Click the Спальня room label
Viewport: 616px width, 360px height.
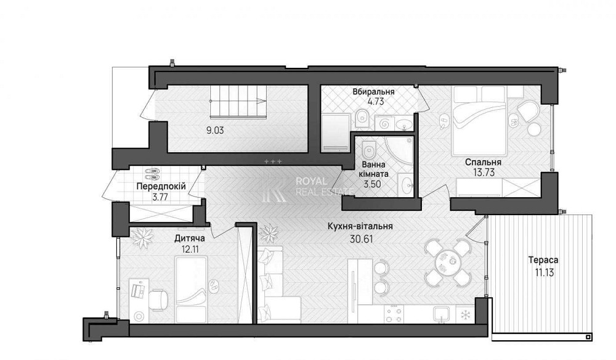tap(483, 162)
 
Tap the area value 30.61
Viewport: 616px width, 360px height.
tap(361, 239)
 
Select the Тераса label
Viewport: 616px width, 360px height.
tap(543, 260)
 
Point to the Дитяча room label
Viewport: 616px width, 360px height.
tap(190, 238)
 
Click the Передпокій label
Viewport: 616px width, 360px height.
tap(161, 186)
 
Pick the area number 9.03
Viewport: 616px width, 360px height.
tap(215, 130)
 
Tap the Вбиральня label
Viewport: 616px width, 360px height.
tap(373, 92)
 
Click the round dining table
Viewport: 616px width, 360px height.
tap(447, 262)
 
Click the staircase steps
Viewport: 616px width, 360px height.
tap(238, 101)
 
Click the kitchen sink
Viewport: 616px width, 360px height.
tap(443, 314)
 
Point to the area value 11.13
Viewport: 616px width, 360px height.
tap(544, 272)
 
